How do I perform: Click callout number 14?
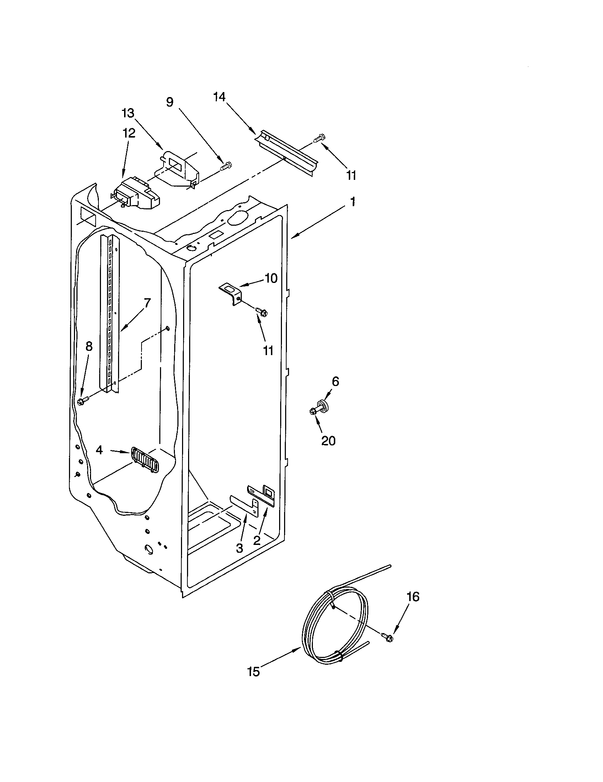click(x=219, y=97)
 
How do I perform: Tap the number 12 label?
click(x=129, y=133)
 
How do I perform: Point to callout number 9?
click(x=170, y=102)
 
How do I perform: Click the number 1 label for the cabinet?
click(x=353, y=202)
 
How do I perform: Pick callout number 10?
click(x=271, y=278)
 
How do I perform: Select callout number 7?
click(x=147, y=303)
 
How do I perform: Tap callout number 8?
click(x=89, y=346)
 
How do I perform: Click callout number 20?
click(x=328, y=440)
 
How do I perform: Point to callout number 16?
click(x=413, y=597)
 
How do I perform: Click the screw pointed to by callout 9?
click(x=227, y=165)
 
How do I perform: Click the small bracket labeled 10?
click(x=231, y=293)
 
